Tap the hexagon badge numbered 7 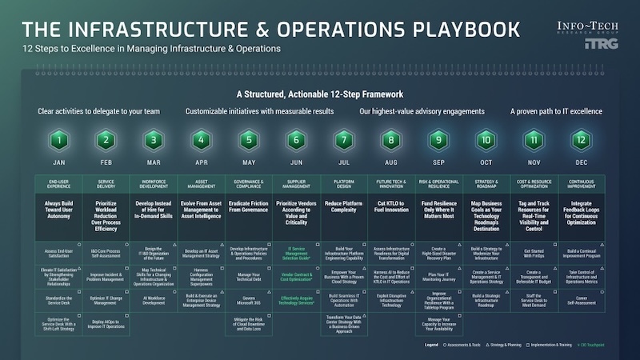tap(343, 140)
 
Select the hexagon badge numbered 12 tap(582, 140)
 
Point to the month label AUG tap(390, 162)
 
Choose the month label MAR tap(153, 162)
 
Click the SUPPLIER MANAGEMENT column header tap(296, 183)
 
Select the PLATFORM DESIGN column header tap(343, 183)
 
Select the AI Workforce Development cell tap(153, 299)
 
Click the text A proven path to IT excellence tap(556, 111)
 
